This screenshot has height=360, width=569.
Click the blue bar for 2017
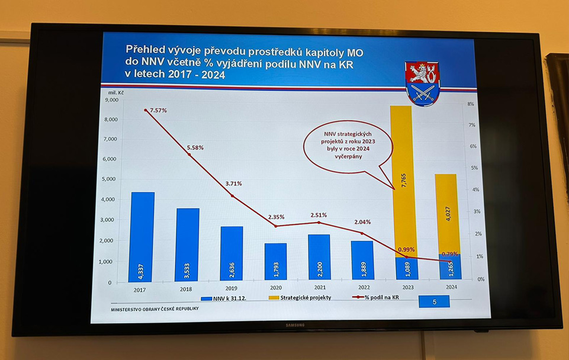(142, 237)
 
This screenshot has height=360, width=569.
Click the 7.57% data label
(159, 111)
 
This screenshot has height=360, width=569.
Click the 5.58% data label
(195, 147)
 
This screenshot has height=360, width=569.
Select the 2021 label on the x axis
(320, 288)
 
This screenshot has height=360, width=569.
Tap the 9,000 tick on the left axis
(111, 100)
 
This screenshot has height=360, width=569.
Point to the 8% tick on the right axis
(470, 104)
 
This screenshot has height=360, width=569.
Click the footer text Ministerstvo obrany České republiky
(155, 309)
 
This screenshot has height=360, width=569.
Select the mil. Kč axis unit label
(117, 92)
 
